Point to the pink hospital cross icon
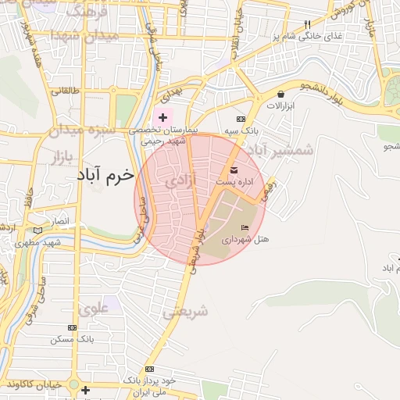[x=162, y=117]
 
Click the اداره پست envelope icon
[x=234, y=170]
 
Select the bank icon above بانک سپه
[x=240, y=119]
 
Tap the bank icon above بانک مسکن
[x=73, y=328]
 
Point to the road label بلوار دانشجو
[x=311, y=88]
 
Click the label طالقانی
[x=66, y=91]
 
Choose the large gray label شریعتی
[x=185, y=312]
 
